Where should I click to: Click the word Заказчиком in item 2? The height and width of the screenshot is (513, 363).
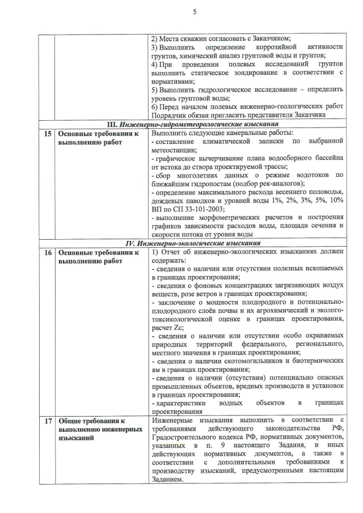click(x=271, y=39)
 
